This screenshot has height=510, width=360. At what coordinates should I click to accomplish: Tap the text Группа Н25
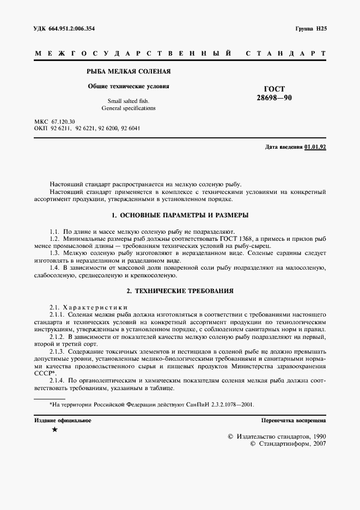(310, 28)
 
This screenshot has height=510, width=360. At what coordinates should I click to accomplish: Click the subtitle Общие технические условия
(129, 87)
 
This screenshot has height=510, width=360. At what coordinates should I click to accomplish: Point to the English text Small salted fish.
(128, 101)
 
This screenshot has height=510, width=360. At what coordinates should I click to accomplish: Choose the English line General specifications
(129, 108)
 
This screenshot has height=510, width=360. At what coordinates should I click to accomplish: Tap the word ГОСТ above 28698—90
(274, 88)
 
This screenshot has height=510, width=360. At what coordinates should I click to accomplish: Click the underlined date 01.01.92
(315, 147)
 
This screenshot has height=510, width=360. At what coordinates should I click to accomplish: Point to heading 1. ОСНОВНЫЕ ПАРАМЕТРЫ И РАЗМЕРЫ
(180, 215)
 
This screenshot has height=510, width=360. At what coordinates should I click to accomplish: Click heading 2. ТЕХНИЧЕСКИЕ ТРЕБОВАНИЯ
(180, 291)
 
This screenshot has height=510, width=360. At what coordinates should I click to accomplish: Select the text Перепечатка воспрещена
(294, 421)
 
